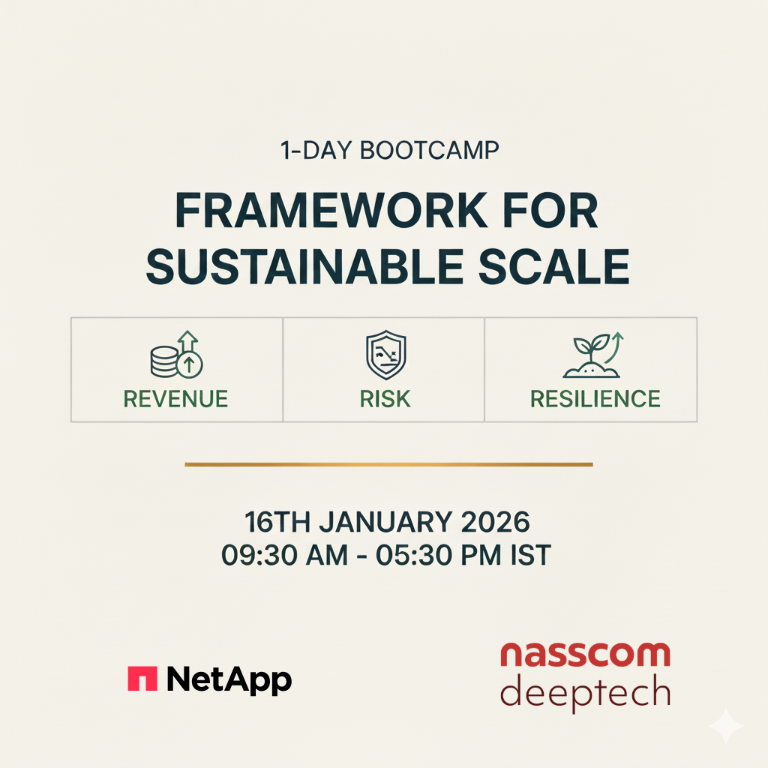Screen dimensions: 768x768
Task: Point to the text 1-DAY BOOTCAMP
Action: pyautogui.click(x=390, y=150)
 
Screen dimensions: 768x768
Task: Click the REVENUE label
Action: pyautogui.click(x=175, y=399)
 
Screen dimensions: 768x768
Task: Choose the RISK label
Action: pyautogui.click(x=385, y=399)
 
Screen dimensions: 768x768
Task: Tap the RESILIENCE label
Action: pyautogui.click(x=595, y=399)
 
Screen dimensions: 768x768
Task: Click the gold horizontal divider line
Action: pyautogui.click(x=388, y=465)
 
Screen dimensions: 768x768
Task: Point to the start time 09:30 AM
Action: pyautogui.click(x=285, y=556)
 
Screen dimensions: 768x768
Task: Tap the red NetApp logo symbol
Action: pyautogui.click(x=142, y=679)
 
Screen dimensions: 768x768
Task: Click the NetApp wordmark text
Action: pyautogui.click(x=229, y=680)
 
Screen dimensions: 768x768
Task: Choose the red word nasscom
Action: pyautogui.click(x=584, y=654)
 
